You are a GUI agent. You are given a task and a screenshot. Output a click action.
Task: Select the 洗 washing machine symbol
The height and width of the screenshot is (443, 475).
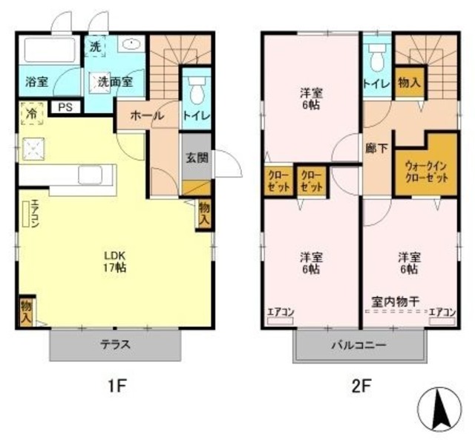(x=95, y=46)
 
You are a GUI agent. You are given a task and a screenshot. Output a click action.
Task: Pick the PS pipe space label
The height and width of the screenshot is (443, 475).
(x=66, y=107)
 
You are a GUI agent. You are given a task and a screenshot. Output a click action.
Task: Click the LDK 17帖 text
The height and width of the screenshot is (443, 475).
(x=115, y=259)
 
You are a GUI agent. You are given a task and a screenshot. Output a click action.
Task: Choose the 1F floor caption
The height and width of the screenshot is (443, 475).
(x=117, y=387)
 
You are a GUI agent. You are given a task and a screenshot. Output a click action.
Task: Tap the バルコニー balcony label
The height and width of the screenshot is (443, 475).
(x=360, y=346)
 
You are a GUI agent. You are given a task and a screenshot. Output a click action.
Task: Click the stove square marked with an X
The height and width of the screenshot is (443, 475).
(x=33, y=149)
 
